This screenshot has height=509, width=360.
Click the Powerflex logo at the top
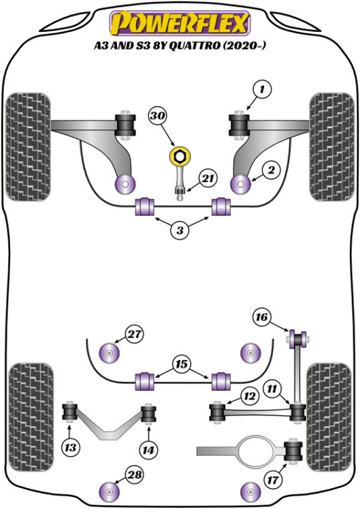180,23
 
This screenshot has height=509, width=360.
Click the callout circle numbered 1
262,89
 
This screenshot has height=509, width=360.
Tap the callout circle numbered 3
180,231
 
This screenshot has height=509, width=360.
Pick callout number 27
135,333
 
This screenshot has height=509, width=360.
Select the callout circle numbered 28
135,475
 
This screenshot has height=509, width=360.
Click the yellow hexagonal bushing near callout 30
180,157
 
